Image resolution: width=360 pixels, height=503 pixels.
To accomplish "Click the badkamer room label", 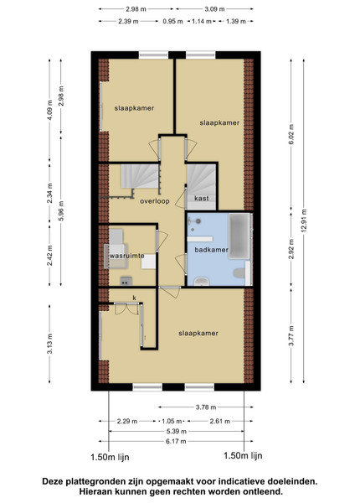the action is [x=211, y=250].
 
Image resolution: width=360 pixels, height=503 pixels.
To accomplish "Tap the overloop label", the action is [x=155, y=201].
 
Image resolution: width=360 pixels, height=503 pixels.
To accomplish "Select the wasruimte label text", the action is [x=126, y=256].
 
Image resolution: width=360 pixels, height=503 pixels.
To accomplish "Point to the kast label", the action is [x=202, y=199].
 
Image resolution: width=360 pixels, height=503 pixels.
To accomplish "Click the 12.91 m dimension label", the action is [x=304, y=220].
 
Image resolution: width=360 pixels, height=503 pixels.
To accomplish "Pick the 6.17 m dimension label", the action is [x=176, y=442].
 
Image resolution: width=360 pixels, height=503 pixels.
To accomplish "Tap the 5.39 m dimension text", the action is [x=176, y=432].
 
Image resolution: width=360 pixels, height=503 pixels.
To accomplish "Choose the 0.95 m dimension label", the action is [x=172, y=22].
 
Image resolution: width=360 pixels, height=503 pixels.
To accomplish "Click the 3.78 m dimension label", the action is [x=206, y=407].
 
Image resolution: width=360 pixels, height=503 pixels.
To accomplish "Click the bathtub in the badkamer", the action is [x=239, y=236].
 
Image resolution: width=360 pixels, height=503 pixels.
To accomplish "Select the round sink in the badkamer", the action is [x=202, y=282].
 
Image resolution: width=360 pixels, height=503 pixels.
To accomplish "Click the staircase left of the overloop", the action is [x=140, y=176].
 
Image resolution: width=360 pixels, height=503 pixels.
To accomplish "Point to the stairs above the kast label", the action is [x=201, y=179].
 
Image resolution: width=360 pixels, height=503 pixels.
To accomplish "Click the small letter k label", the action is [x=134, y=298].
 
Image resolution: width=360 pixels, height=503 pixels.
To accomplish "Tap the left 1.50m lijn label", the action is [x=110, y=457].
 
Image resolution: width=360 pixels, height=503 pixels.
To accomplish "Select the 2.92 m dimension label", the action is [x=291, y=249].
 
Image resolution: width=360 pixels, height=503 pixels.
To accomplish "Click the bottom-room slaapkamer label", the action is [x=198, y=334].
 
